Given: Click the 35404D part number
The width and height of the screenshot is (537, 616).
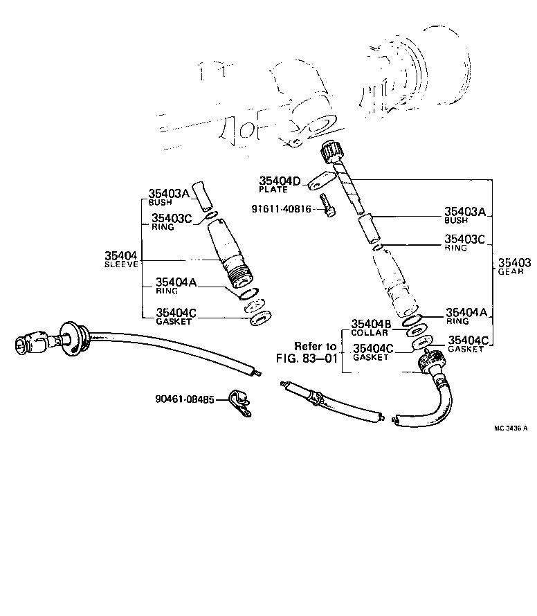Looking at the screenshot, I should pyautogui.click(x=280, y=181).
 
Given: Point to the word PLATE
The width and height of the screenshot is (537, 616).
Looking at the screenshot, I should pyautogui.click(x=272, y=190).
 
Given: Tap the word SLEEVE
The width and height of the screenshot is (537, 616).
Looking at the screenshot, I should pyautogui.click(x=122, y=264).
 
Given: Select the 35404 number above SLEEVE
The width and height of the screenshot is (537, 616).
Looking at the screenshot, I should pyautogui.click(x=122, y=256).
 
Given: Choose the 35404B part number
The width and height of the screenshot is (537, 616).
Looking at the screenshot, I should pyautogui.click(x=372, y=324).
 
